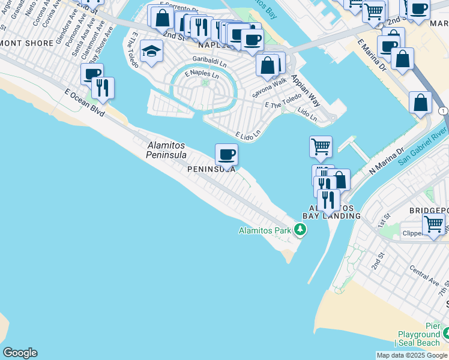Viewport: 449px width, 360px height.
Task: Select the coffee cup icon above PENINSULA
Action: point(227,155)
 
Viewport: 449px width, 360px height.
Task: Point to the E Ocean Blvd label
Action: point(85,103)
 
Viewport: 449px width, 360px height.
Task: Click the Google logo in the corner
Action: point(20,353)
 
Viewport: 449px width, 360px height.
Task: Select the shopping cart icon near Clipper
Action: point(433,224)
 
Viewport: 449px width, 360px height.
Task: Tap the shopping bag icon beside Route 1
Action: point(421,102)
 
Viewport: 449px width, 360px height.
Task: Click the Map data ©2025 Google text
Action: point(411,355)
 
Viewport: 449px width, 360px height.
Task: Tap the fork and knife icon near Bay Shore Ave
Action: point(103,88)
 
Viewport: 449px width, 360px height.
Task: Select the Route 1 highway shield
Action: point(442,111)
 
